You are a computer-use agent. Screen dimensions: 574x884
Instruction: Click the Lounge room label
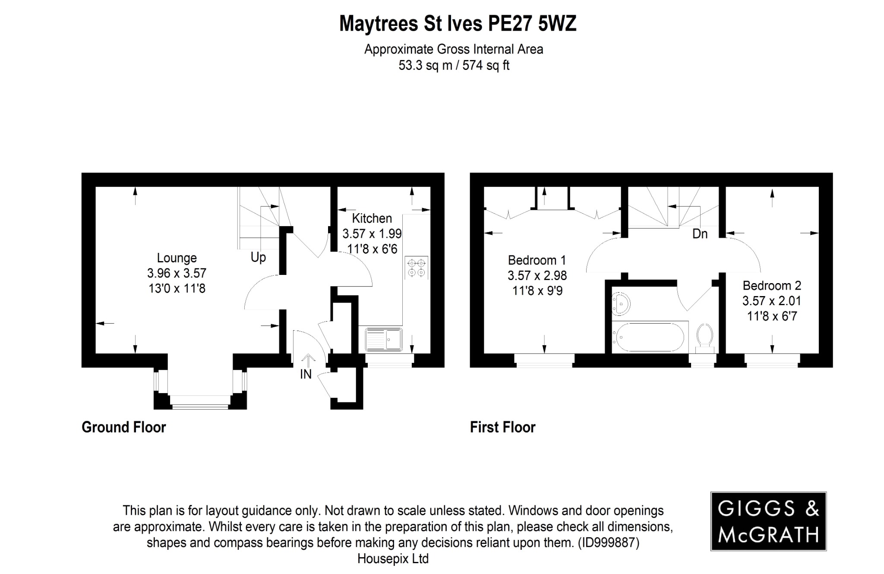[177, 258]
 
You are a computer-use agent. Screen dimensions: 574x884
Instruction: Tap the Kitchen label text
[372, 218]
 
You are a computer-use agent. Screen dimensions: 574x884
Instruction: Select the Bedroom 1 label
[537, 260]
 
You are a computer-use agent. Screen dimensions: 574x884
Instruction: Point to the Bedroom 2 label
[772, 286]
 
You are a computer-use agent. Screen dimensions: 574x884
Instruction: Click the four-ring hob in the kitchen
[417, 267]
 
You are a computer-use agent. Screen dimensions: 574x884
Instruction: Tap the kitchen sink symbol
[384, 339]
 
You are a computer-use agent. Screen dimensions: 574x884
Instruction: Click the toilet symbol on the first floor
[704, 335]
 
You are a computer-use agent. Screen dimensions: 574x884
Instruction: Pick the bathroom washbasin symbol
[621, 303]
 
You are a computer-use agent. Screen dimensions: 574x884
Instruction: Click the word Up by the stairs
[258, 258]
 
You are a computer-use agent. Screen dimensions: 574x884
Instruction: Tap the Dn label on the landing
[700, 234]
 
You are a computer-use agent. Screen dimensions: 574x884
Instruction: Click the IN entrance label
[306, 374]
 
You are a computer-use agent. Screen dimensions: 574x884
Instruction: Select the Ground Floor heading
[123, 427]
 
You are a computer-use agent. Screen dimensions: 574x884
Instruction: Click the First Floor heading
[502, 427]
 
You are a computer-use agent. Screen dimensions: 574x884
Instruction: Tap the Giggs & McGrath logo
[768, 521]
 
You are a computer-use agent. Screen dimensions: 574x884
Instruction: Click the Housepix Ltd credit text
[393, 559]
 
